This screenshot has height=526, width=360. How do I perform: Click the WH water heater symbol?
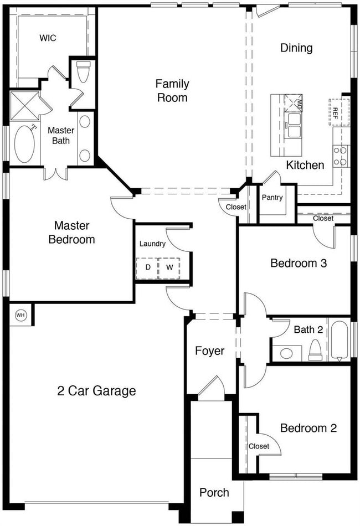coord(20,315)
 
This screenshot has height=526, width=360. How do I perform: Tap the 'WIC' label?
coord(48,38)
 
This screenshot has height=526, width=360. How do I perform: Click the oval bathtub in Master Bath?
coord(24,144)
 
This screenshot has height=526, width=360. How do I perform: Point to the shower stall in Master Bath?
coord(24,105)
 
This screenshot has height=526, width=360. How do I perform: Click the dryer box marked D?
coord(147,267)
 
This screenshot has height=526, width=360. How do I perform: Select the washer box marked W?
coord(169,267)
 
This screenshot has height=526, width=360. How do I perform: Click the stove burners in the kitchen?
coord(341,156)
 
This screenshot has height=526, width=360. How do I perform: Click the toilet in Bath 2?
coord(315,349)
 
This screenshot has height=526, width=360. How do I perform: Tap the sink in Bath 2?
coord(287,353)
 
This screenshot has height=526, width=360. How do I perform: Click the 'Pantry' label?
coord(272,198)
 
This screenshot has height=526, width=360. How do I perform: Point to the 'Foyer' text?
coord(209,351)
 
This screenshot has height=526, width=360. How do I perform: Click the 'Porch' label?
coord(214,492)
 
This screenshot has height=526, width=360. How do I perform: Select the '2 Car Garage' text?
coord(96,391)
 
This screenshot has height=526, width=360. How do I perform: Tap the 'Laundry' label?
coord(152,244)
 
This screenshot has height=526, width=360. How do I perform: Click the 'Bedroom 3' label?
coord(298,263)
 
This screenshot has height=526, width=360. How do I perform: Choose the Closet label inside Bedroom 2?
coord(259,446)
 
